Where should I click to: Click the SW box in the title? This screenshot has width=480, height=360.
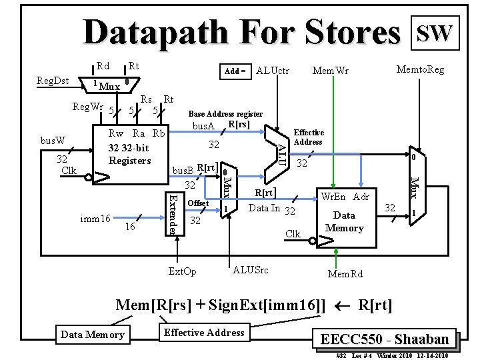click(x=435, y=31)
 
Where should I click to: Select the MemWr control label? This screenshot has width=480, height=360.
click(x=331, y=71)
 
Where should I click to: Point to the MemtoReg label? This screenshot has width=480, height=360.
click(x=420, y=69)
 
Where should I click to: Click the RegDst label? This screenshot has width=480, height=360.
click(x=53, y=81)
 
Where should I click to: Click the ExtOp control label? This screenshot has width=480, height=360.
click(x=183, y=271)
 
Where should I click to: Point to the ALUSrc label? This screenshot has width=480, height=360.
click(x=251, y=269)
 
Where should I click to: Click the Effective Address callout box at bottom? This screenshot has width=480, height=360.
click(x=204, y=333)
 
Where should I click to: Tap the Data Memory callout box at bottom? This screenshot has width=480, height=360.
click(x=92, y=334)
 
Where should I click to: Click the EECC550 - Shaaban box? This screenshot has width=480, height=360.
click(x=385, y=338)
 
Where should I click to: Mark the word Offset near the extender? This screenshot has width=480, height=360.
click(x=199, y=203)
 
